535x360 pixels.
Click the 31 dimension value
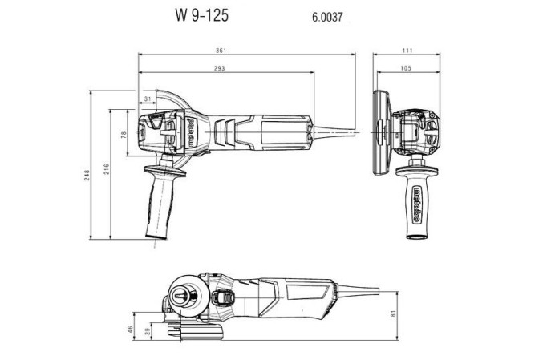[x=148, y=99]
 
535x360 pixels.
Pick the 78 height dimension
[x=124, y=134]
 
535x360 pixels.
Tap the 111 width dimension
[x=407, y=51]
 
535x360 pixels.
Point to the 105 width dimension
[x=406, y=70]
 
